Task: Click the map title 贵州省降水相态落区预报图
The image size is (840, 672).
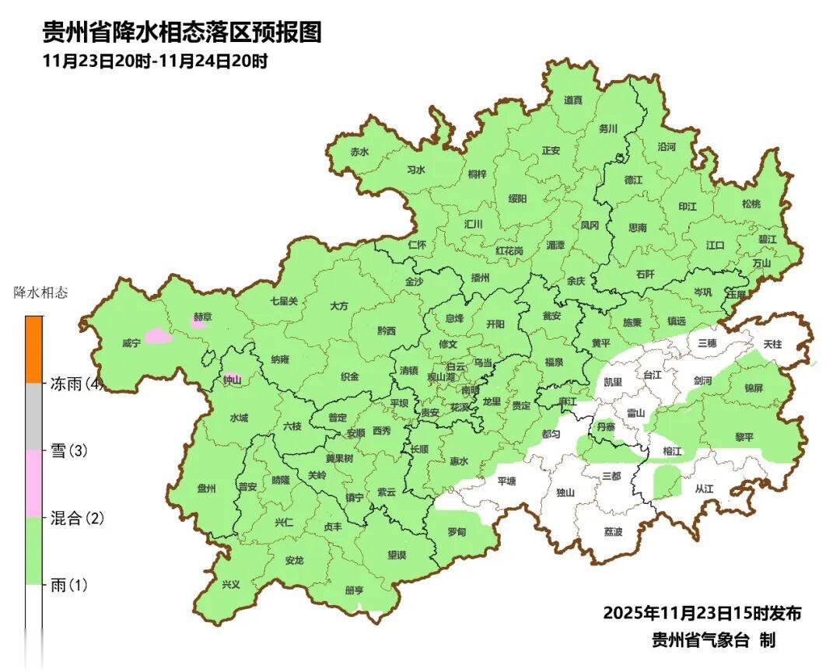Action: click(x=181, y=33)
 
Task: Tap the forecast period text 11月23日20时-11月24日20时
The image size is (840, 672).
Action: click(x=156, y=61)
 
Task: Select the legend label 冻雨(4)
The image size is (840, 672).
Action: click(x=76, y=383)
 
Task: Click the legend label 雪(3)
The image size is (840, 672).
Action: click(x=68, y=451)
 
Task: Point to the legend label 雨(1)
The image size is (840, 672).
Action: click(x=68, y=585)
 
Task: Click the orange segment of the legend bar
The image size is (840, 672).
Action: click(x=34, y=349)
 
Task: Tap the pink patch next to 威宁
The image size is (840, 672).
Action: click(x=158, y=336)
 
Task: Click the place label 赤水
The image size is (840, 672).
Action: click(x=359, y=152)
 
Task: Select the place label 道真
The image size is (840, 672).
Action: click(x=573, y=100)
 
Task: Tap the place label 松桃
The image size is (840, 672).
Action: click(x=751, y=204)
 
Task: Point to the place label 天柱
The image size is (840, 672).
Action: click(x=772, y=343)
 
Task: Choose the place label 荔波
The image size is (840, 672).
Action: click(x=613, y=532)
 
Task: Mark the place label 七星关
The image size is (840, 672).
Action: click(x=284, y=300)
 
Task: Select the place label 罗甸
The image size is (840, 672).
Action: click(x=457, y=532)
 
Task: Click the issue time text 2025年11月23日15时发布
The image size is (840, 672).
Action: click(x=702, y=613)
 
